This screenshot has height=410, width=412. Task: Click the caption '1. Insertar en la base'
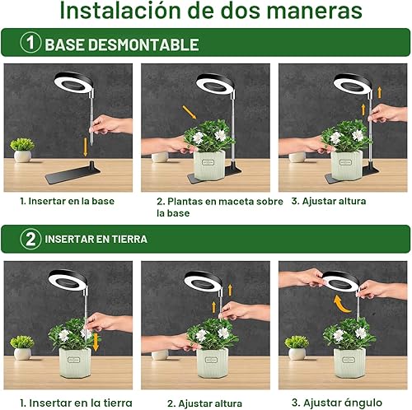coord(67,200)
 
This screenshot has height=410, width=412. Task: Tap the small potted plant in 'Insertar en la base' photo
coord(22,149)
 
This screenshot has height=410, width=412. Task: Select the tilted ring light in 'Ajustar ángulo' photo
coord(341,282)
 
